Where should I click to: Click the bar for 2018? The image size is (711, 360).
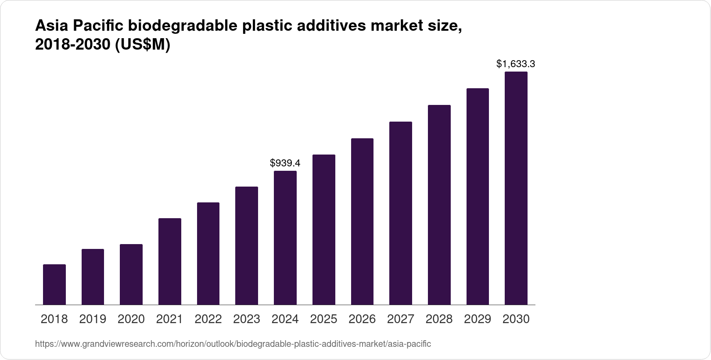pyautogui.click(x=54, y=284)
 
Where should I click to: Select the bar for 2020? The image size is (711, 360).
pyautogui.click(x=131, y=274)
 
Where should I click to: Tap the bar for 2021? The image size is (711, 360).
pyautogui.click(x=169, y=261)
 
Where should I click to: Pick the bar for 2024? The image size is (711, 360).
pyautogui.click(x=285, y=238)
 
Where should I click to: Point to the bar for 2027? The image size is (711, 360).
pyautogui.click(x=400, y=213)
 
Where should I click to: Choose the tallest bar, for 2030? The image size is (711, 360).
pyautogui.click(x=516, y=188)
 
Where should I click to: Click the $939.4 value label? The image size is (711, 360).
pyautogui.click(x=285, y=163)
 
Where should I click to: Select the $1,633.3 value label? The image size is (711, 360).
pyautogui.click(x=516, y=64)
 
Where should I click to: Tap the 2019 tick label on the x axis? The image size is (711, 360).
pyautogui.click(x=93, y=319)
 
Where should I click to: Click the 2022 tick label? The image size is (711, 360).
pyautogui.click(x=208, y=319)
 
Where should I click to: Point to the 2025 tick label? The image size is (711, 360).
pyautogui.click(x=323, y=319)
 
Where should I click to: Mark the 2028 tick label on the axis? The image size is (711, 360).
pyautogui.click(x=439, y=319)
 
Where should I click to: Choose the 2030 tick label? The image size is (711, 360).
pyautogui.click(x=516, y=319)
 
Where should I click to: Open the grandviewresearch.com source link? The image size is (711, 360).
pyautogui.click(x=233, y=344)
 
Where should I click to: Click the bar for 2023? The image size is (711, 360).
pyautogui.click(x=246, y=245)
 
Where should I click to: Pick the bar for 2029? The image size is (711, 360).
pyautogui.click(x=478, y=196)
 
